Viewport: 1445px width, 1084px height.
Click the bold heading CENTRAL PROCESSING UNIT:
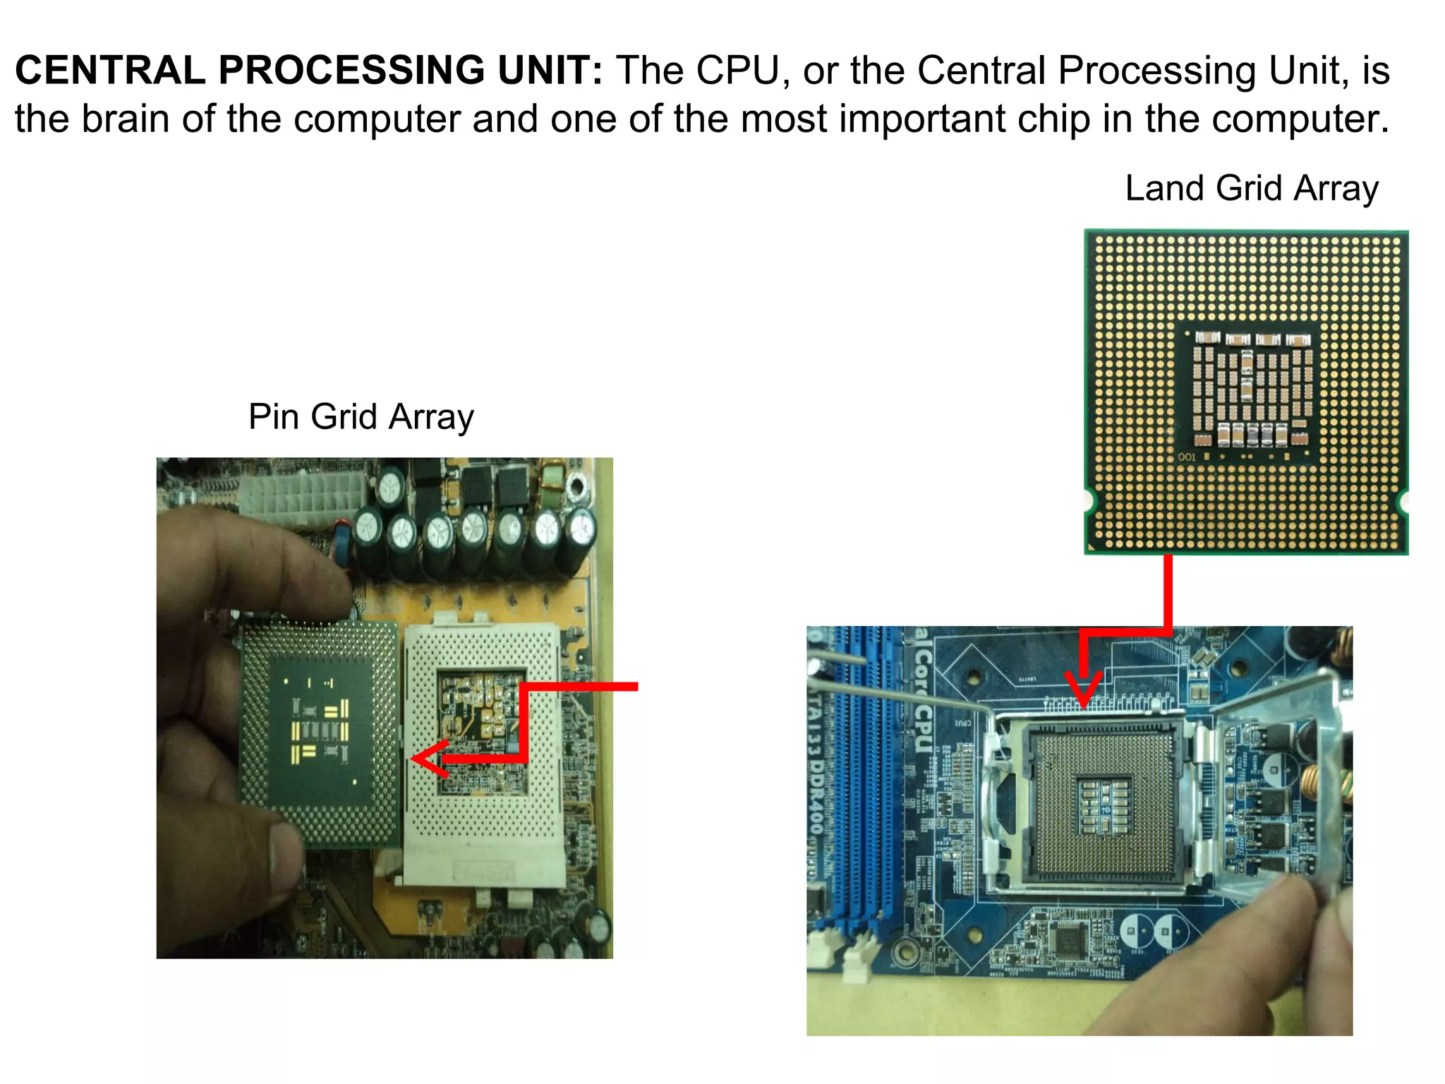coord(308,71)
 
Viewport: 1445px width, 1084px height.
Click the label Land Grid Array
coord(1251,188)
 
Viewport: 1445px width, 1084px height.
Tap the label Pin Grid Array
coord(361,416)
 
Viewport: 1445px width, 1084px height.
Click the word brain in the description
coord(126,119)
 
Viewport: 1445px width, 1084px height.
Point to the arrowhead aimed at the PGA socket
coord(425,759)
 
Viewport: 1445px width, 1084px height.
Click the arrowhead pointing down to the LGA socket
coord(1083,690)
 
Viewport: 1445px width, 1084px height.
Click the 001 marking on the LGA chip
coord(1187,457)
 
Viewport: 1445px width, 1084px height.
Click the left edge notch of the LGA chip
coord(1089,501)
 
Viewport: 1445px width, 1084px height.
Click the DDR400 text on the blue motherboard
coord(816,797)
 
